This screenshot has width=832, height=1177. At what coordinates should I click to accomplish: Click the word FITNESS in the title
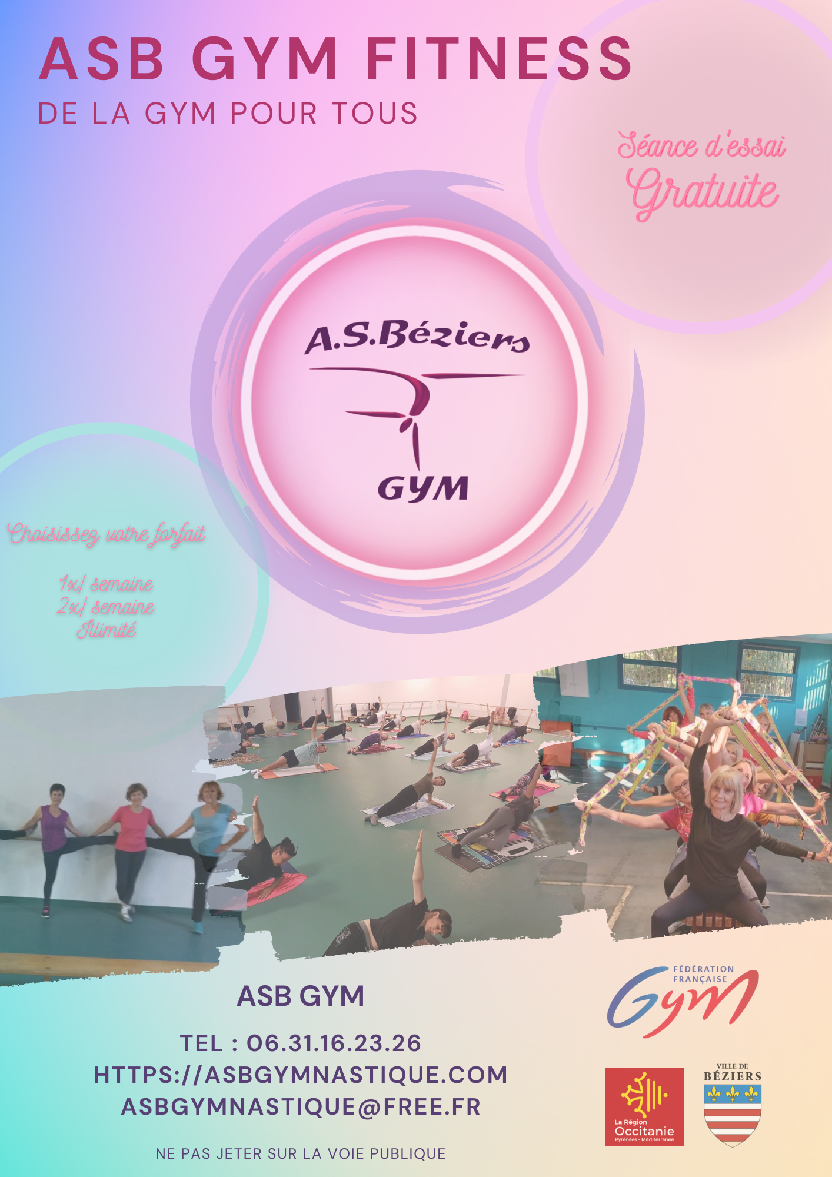tap(499, 58)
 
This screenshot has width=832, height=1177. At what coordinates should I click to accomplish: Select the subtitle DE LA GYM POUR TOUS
tap(228, 113)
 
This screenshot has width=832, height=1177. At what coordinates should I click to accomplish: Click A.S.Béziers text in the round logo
tap(417, 337)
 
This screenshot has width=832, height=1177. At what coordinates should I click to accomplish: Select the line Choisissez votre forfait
tap(107, 534)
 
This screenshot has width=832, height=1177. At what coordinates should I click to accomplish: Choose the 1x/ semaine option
tap(106, 583)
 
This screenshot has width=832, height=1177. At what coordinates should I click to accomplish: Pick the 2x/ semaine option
tap(106, 606)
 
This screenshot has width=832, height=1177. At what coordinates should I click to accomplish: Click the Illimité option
tap(107, 630)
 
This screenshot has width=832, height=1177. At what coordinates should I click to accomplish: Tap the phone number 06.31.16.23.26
tap(334, 1043)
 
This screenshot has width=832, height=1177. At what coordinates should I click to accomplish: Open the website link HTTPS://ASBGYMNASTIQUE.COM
tap(301, 1075)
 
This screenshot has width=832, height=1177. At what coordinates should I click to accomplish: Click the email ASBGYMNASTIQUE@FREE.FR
tap(301, 1107)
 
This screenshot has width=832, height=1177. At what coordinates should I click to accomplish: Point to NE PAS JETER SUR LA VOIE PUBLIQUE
tap(301, 1154)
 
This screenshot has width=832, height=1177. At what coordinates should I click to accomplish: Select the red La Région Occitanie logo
tap(644, 1106)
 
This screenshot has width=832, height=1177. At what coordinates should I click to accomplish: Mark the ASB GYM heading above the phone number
tap(301, 996)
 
